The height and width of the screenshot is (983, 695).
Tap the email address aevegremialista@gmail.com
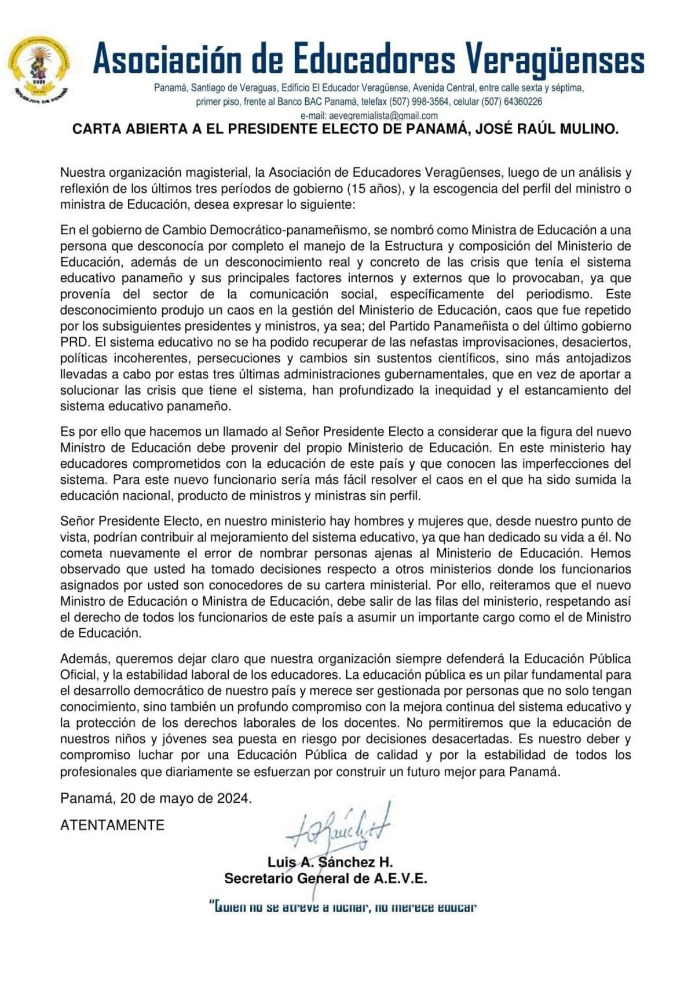click(x=382, y=115)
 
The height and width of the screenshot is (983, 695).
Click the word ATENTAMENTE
click(x=112, y=825)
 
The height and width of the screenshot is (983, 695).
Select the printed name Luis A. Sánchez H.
click(x=330, y=862)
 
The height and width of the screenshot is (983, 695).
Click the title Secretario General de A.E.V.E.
click(x=325, y=879)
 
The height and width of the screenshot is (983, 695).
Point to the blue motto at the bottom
click(x=342, y=906)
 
